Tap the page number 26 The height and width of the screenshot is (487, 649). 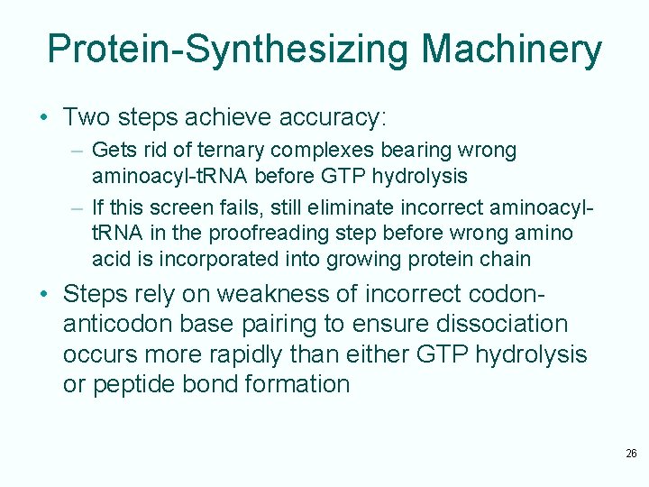(631, 454)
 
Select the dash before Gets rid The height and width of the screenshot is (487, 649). (78, 150)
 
